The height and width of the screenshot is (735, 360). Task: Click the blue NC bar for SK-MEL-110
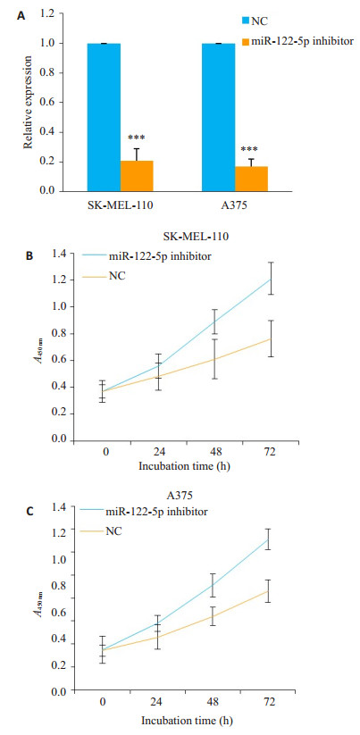(x=104, y=117)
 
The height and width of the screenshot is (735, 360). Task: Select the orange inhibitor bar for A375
(x=251, y=179)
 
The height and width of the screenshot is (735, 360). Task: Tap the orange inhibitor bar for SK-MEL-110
(x=137, y=176)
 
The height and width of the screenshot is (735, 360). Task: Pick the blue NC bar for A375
(x=219, y=117)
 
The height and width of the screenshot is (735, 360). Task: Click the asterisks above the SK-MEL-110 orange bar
(x=137, y=138)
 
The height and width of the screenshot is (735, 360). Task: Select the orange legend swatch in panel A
(x=246, y=42)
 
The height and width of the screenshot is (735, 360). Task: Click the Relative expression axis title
(x=29, y=103)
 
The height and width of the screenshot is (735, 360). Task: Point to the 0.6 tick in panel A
(x=50, y=103)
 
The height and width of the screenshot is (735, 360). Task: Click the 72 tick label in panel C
(x=269, y=704)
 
